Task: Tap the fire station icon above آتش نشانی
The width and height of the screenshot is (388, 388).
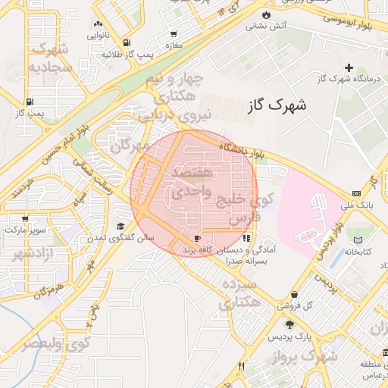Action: coord(266,15)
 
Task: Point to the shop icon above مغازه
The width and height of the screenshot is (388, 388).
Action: coord(174,34)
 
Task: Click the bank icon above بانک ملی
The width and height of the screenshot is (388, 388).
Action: coord(357,194)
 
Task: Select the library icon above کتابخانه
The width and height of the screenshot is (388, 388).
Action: coord(358,241)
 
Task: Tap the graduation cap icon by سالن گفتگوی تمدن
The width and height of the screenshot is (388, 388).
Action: coord(120,227)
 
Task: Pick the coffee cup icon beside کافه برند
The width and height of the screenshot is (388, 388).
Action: coord(186,239)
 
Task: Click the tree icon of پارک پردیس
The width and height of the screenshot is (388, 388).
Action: coord(289,324)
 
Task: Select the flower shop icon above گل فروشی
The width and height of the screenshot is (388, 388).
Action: coord(294,295)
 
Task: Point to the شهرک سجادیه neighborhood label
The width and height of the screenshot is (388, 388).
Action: coord(50,58)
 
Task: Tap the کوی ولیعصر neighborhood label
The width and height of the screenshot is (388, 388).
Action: coord(55,343)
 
